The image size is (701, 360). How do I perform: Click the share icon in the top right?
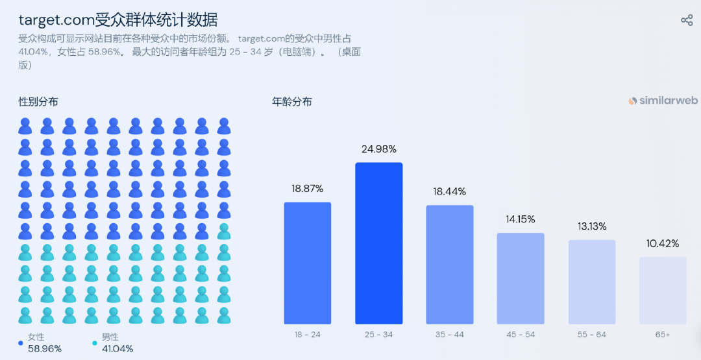[x=687, y=20]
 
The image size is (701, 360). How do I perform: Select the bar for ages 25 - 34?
[x=378, y=243]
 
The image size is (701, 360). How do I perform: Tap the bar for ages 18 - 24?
[x=307, y=263]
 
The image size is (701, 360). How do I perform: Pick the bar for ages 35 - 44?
[x=449, y=265]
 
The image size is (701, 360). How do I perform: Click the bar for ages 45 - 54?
[x=521, y=278]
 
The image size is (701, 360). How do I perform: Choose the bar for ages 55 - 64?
[x=592, y=282]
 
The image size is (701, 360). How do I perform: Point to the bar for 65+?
[x=663, y=290]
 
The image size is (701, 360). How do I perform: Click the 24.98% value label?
[x=378, y=149]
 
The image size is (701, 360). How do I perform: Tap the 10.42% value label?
[x=663, y=244]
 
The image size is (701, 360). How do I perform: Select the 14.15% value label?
[x=521, y=219]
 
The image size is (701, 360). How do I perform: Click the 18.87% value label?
[x=307, y=189]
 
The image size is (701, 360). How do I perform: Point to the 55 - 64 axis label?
[x=592, y=335]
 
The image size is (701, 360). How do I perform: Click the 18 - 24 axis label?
[x=307, y=335]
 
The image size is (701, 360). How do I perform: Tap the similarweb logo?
[x=663, y=101]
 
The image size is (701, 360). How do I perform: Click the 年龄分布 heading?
[x=291, y=102]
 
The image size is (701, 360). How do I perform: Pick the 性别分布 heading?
[x=38, y=102]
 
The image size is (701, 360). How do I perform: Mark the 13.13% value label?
[x=592, y=226]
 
